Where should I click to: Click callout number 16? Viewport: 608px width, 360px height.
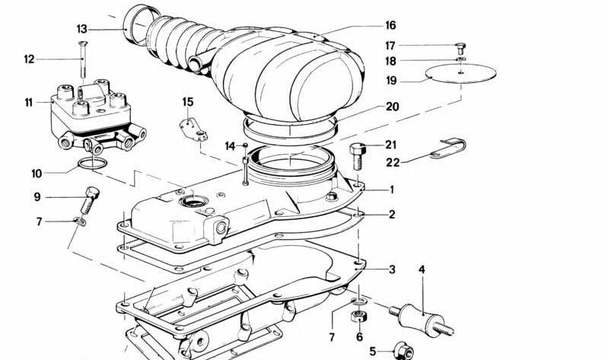(390, 25)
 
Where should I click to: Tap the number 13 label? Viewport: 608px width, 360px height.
(82, 29)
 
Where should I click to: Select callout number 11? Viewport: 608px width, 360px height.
(29, 101)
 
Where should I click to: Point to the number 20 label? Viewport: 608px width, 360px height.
(392, 107)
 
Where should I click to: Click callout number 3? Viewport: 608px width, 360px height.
(391, 269)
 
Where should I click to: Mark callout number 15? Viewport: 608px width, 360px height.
(188, 102)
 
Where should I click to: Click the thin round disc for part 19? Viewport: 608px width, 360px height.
(460, 73)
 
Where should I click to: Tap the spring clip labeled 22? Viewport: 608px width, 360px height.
(450, 148)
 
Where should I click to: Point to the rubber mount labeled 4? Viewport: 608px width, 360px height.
(422, 312)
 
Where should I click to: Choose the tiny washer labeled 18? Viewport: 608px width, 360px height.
(460, 59)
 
